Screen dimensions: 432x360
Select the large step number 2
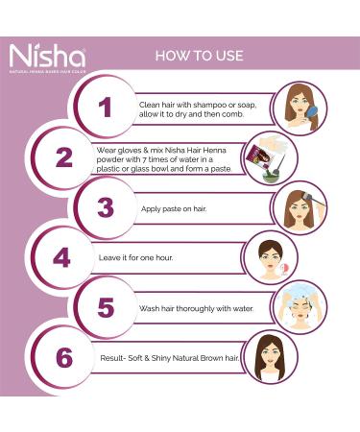[x=63, y=156]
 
